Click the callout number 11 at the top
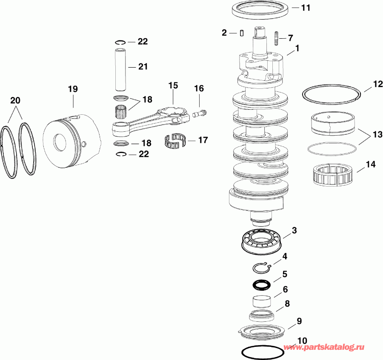pos(306,8)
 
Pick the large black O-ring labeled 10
pos(263,352)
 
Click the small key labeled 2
pos(241,33)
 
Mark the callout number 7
pos(291,38)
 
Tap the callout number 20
pos(15,101)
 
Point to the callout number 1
pos(297,49)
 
